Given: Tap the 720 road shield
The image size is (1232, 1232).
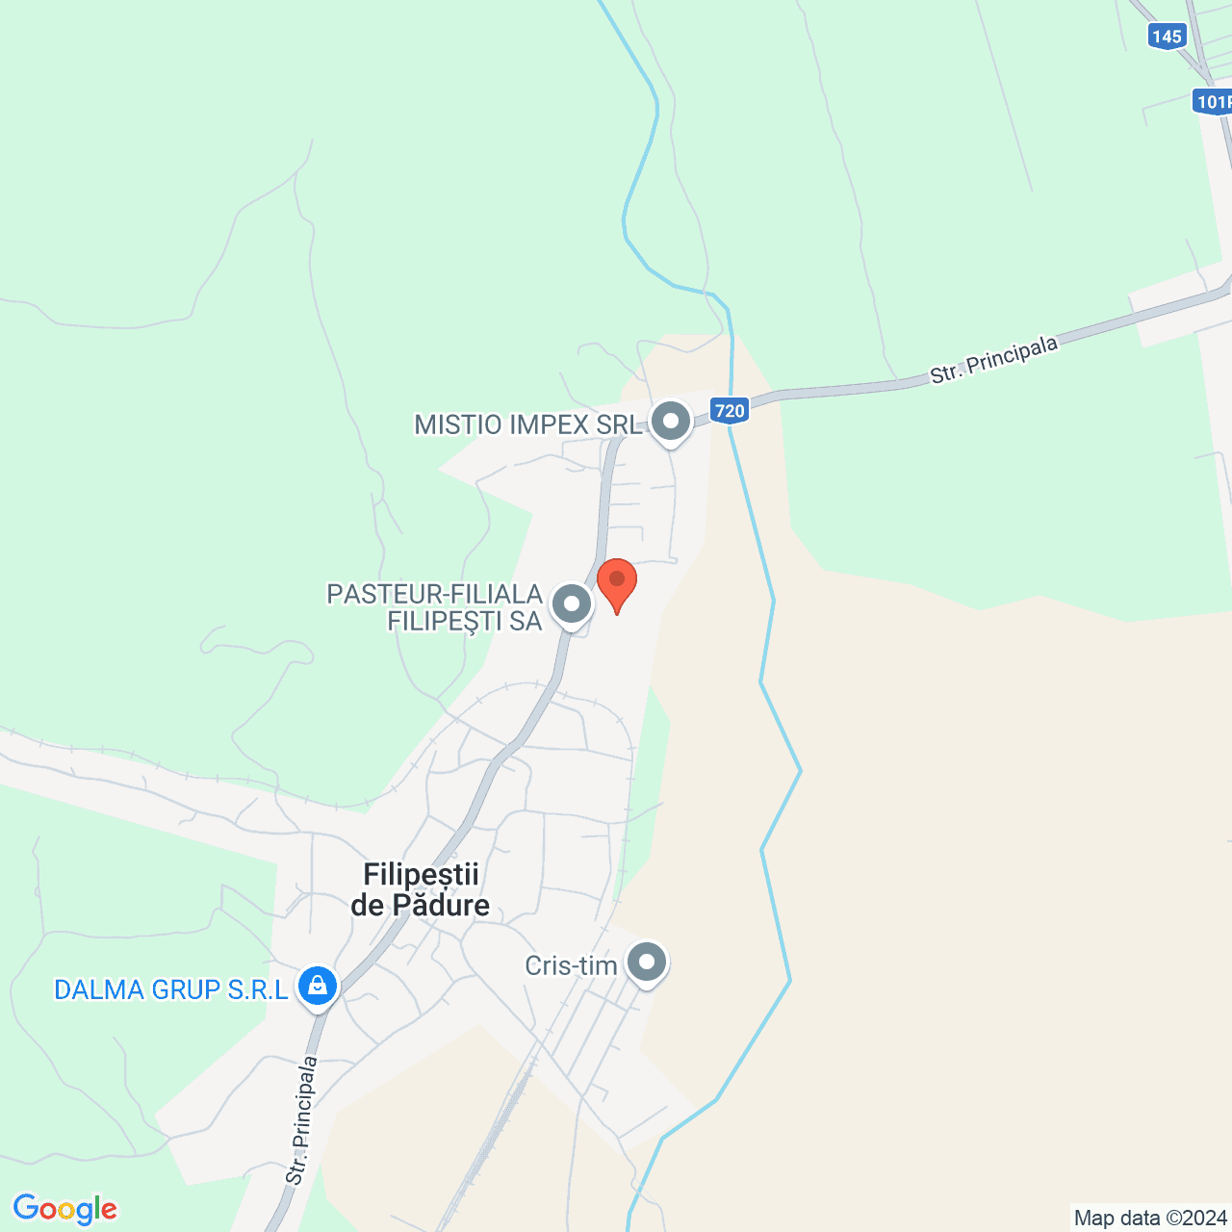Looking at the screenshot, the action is tap(730, 411).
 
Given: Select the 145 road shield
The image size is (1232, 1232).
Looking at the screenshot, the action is tap(1166, 37).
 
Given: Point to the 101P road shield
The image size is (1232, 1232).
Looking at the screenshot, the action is tap(1213, 101).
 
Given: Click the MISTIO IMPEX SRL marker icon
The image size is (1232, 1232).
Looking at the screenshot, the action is tap(671, 422).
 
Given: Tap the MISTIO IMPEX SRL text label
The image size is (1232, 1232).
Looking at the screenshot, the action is tap(527, 424).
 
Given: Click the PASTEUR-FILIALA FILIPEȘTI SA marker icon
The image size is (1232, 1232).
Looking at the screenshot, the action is tap(573, 605).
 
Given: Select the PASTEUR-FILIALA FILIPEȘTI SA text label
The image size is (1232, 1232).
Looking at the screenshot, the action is tap(435, 607).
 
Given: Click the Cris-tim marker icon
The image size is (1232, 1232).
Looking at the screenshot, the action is tap(647, 962).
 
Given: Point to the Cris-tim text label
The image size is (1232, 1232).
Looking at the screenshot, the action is tap(571, 965).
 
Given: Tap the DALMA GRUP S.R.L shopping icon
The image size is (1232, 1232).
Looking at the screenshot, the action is tap(317, 985).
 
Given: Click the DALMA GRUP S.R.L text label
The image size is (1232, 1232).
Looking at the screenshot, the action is tap(171, 989).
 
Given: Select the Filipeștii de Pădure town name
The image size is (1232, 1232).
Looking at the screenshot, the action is tap(421, 889).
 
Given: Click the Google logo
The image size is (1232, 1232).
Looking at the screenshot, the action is tap(65, 1209).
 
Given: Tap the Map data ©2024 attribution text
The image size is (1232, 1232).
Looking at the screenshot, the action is tap(1150, 1218).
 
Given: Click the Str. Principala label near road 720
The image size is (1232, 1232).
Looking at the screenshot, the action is tap(994, 360).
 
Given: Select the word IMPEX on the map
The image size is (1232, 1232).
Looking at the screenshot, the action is tap(551, 424).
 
